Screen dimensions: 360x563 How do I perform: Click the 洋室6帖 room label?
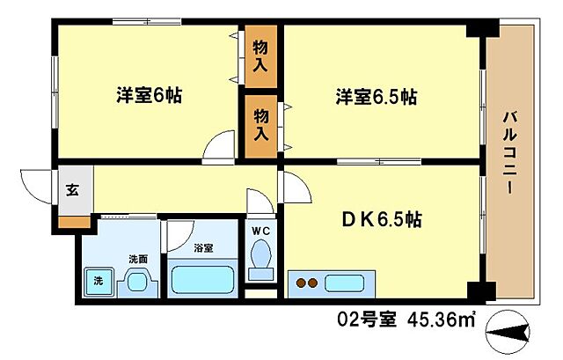pyautogui.click(x=149, y=96)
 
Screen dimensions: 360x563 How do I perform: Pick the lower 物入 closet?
pyautogui.click(x=261, y=124)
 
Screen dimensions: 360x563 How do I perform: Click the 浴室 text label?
pyautogui.click(x=203, y=249)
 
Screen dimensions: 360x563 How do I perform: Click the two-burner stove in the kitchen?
pyautogui.click(x=308, y=283)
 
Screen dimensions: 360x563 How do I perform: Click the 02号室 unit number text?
pyautogui.click(x=365, y=320)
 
